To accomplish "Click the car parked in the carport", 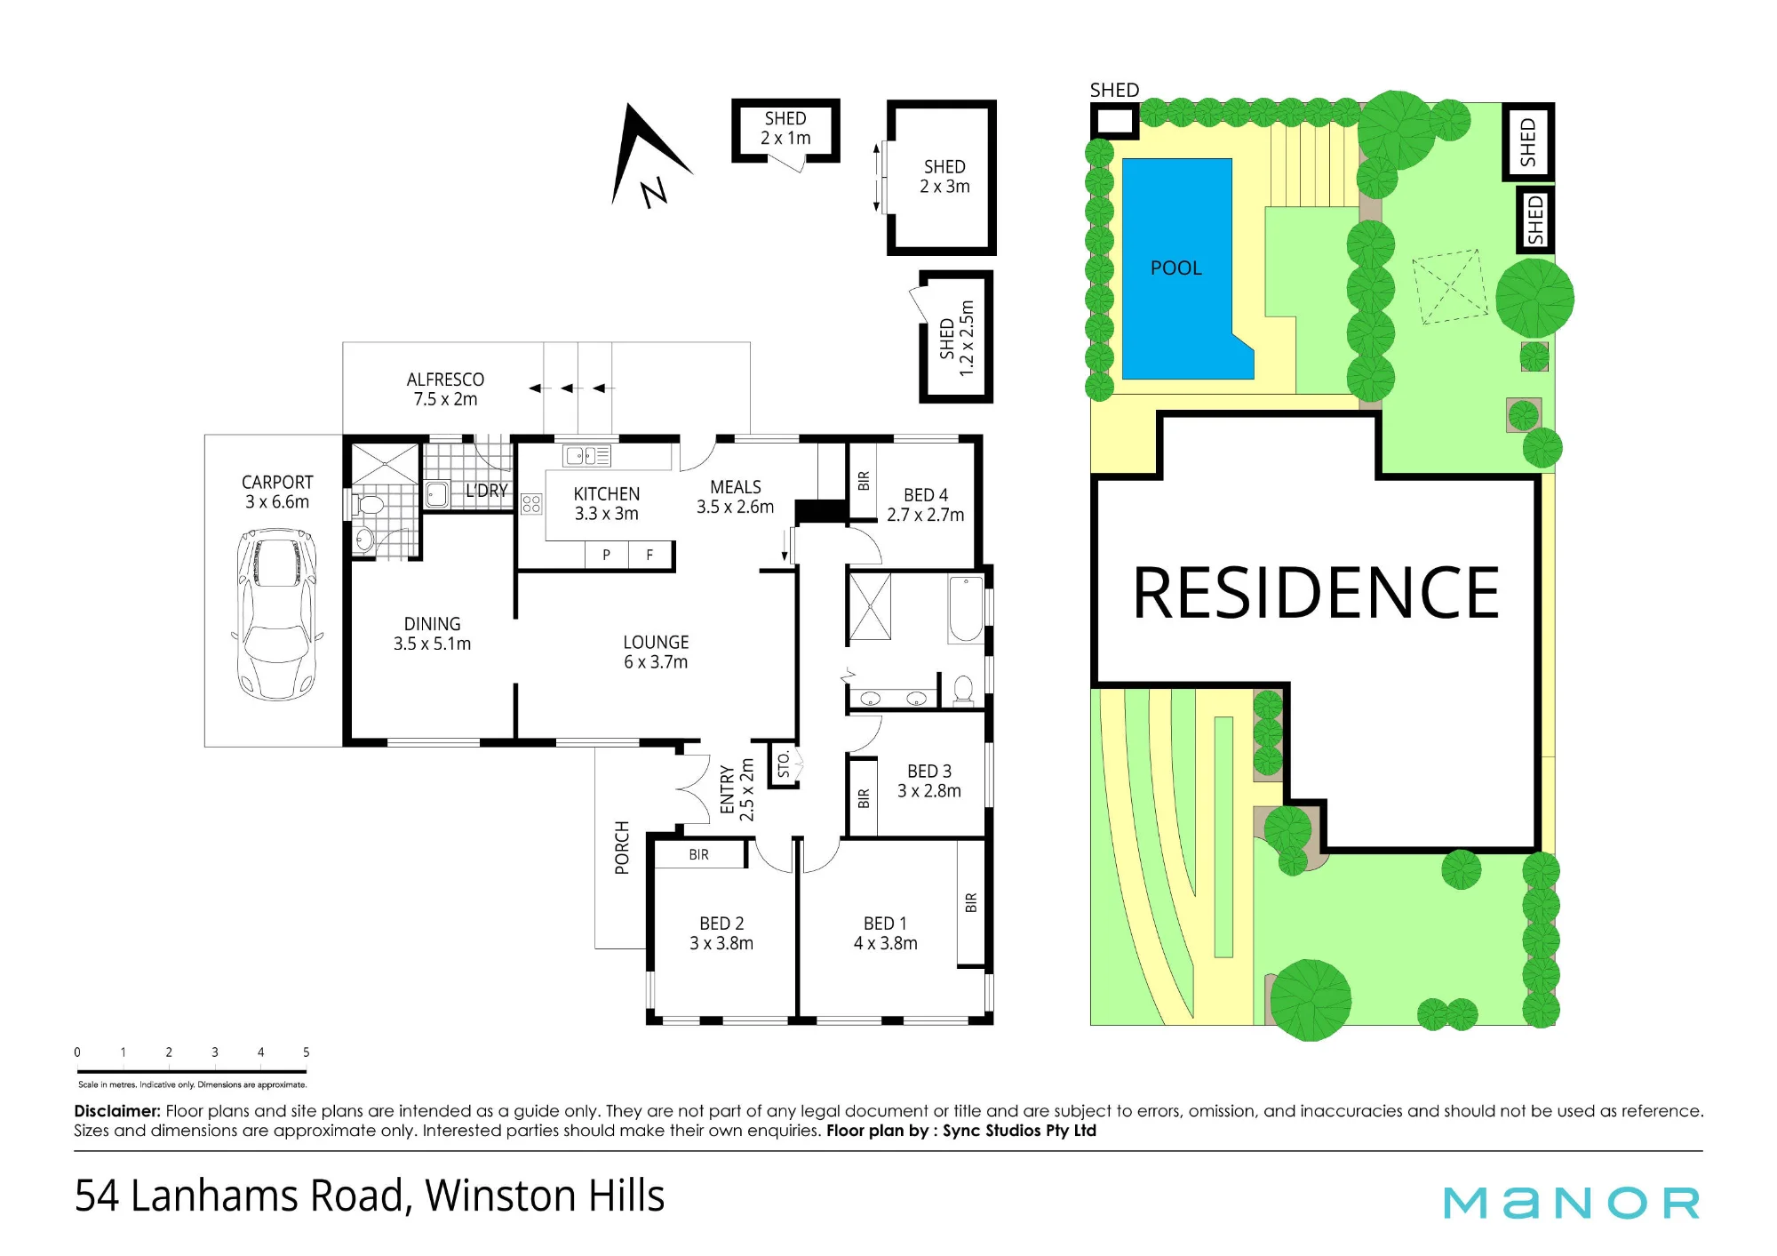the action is click(276, 614).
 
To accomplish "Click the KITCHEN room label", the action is click(607, 503).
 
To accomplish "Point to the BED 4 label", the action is click(926, 505).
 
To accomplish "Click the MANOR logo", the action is click(1571, 1203).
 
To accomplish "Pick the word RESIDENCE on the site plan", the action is click(1316, 593).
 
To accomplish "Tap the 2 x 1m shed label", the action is click(785, 128).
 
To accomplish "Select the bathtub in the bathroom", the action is click(966, 609).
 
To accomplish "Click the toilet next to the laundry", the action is click(369, 506).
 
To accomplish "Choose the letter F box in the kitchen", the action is click(650, 555).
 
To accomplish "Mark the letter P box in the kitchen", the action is click(607, 555).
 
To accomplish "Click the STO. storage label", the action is click(784, 764).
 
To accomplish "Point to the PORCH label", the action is click(622, 847).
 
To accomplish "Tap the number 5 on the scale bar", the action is click(307, 1052).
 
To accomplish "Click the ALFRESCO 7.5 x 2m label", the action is click(445, 389).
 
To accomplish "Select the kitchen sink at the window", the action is click(586, 456).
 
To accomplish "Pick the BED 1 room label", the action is click(886, 933).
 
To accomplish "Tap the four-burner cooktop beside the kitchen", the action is click(531, 504).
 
